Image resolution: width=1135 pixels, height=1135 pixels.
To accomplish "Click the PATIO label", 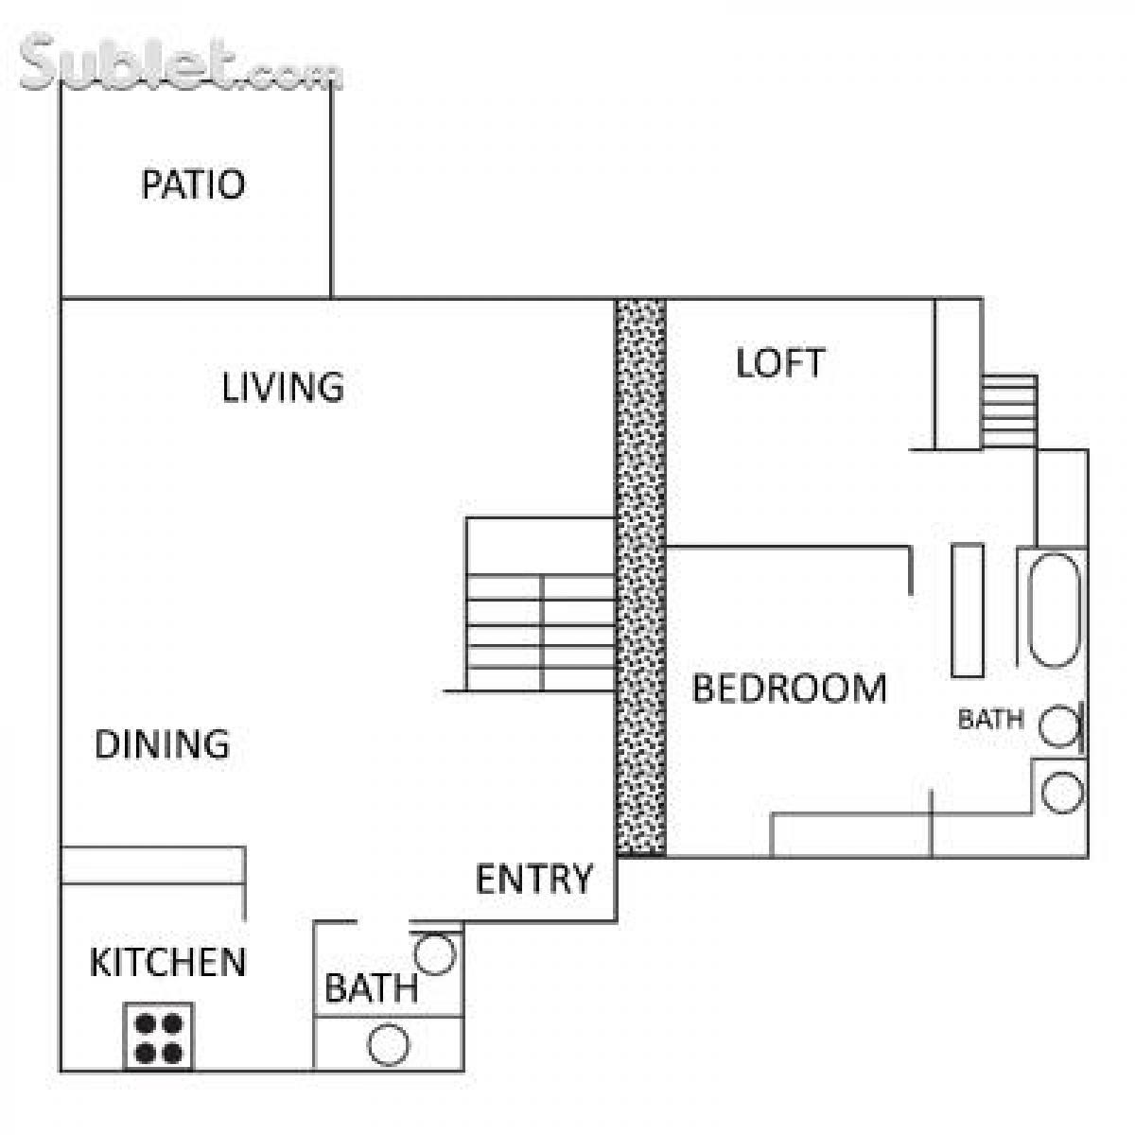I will [193, 183].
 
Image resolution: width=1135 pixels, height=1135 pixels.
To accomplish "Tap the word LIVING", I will [283, 388].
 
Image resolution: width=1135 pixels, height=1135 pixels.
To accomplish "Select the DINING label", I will [162, 744].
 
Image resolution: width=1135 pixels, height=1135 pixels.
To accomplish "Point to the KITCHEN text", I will [167, 963].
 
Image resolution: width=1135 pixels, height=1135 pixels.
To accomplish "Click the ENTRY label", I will [533, 880].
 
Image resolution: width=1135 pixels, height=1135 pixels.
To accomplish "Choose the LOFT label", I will [780, 363].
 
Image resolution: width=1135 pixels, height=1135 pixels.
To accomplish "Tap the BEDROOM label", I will [790, 689].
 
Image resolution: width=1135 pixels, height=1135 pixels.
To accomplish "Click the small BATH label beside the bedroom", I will [990, 720].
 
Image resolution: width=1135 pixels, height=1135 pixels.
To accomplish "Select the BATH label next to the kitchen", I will [371, 989].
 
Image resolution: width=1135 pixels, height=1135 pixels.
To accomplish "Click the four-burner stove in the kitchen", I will [159, 1037].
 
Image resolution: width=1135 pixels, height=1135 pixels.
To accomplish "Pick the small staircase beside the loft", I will [1009, 411].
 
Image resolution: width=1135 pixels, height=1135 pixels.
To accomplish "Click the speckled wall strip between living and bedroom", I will [640, 577].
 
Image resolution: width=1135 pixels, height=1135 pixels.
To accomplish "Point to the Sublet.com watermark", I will [180, 64].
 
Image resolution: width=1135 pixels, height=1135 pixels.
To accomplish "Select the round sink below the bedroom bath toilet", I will [1061, 792].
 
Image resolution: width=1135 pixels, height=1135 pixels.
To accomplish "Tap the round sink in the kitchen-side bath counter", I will [389, 1045].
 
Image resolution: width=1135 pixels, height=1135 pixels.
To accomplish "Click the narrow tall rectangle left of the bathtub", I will [967, 610].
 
